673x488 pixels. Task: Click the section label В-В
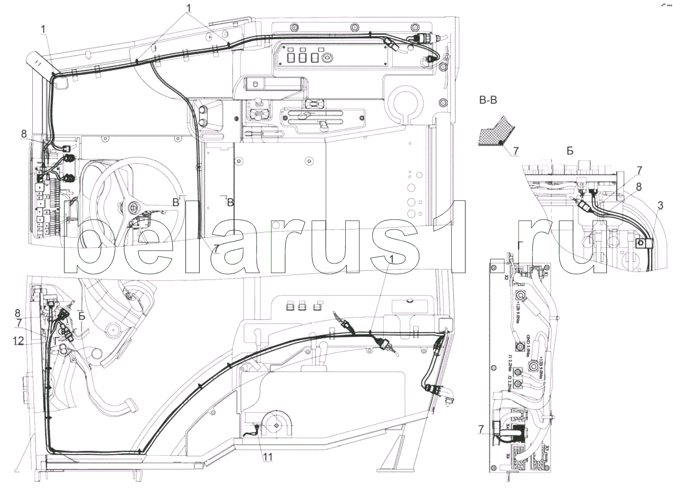(488, 100)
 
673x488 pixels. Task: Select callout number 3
(660, 204)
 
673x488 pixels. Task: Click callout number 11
(268, 457)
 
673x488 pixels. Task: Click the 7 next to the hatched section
(516, 151)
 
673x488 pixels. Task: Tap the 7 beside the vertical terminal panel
(482, 430)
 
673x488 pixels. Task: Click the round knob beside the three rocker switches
(328, 58)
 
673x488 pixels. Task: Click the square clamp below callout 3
(642, 241)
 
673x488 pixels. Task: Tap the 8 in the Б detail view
(638, 188)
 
